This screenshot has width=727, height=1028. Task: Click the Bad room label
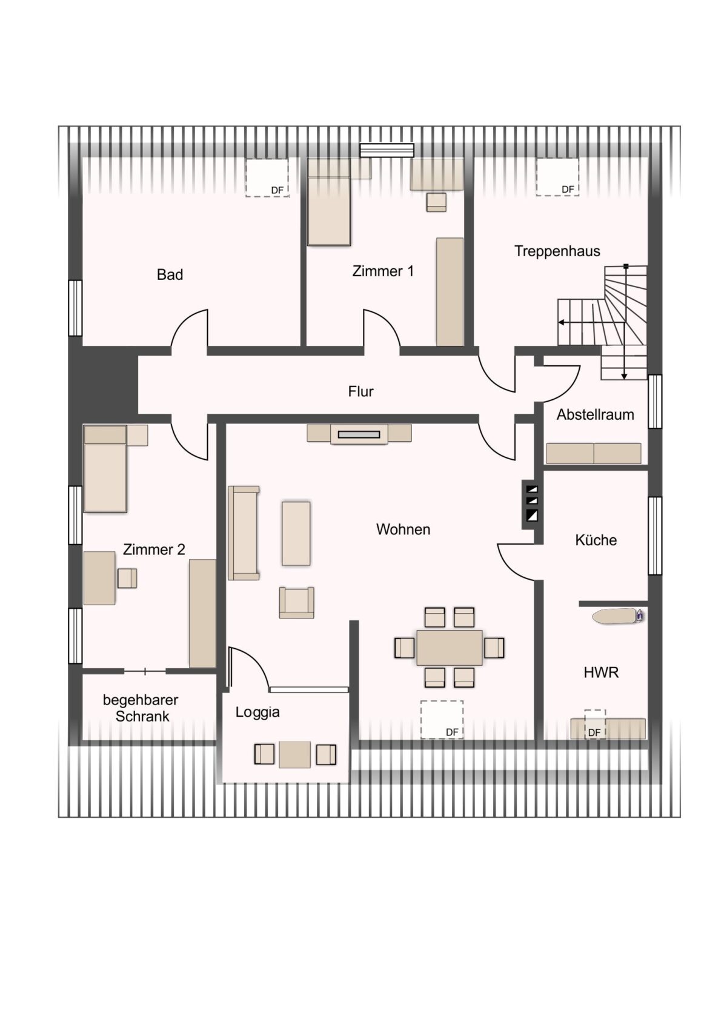(170, 274)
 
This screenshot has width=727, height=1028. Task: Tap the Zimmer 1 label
(383, 271)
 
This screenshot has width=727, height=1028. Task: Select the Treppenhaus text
(557, 251)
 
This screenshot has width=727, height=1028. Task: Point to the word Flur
(360, 391)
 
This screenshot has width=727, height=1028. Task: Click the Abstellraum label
(596, 414)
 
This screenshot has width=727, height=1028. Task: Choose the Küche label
(596, 540)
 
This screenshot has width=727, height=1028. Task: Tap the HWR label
(601, 673)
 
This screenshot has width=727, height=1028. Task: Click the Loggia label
(257, 712)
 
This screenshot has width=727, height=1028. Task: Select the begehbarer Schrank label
(141, 708)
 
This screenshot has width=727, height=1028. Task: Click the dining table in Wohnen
(450, 648)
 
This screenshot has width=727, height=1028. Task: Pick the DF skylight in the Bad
(267, 177)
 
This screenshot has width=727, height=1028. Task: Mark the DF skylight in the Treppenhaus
(557, 177)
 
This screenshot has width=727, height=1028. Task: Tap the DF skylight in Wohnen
(442, 720)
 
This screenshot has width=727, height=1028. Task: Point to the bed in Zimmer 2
(105, 468)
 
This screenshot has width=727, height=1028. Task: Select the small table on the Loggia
(294, 754)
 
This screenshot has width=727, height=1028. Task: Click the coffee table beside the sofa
(296, 533)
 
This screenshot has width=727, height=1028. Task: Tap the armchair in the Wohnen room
(296, 602)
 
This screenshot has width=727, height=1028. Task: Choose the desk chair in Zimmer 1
(436, 202)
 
